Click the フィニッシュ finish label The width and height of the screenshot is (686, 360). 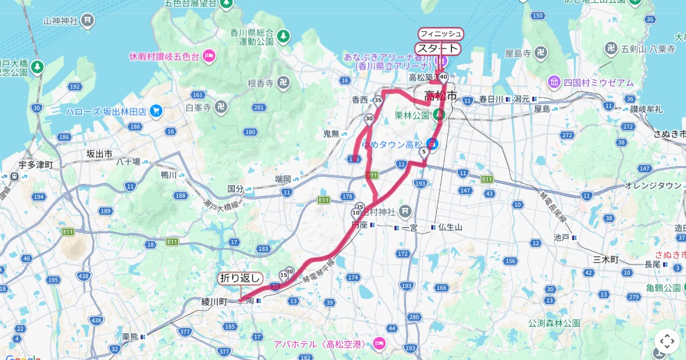[x=441, y=34]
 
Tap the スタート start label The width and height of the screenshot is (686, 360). [x=438, y=49]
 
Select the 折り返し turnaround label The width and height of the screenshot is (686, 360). [x=241, y=278]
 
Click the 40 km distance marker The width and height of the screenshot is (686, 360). [x=444, y=77]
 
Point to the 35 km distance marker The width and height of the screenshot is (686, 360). [x=378, y=101]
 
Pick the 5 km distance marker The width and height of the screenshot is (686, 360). [x=424, y=153]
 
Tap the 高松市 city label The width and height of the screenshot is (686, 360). [x=441, y=96]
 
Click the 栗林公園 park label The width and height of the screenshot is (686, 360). [x=412, y=115]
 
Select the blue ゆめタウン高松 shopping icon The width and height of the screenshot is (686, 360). [x=433, y=145]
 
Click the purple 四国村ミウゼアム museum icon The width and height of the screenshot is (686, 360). [x=554, y=82]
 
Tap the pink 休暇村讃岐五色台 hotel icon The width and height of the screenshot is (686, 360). [x=209, y=56]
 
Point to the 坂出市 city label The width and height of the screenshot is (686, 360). [x=99, y=154]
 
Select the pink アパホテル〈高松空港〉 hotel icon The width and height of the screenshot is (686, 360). [x=378, y=343]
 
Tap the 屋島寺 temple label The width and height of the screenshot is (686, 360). [x=519, y=54]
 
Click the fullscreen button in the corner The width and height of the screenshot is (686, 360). [x=667, y=341]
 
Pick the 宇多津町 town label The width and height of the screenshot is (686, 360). [x=35, y=165]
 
